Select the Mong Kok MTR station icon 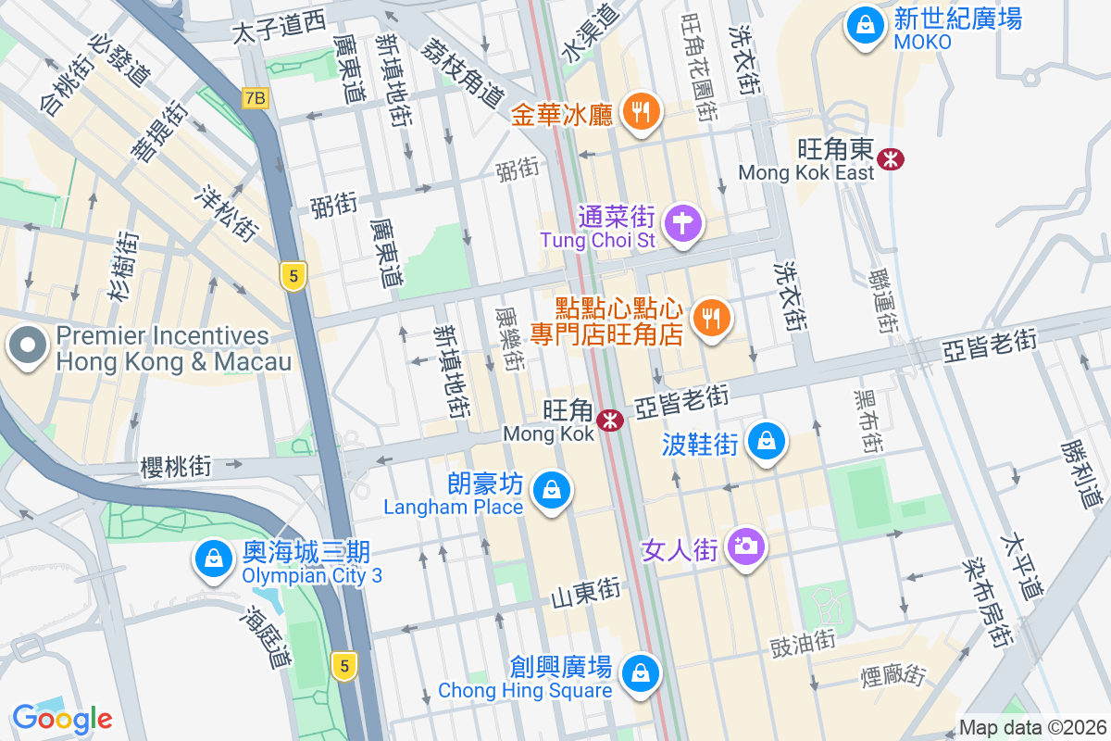click(610, 421)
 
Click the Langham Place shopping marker click(552, 490)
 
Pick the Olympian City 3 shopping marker click(214, 559)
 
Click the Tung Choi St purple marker click(684, 223)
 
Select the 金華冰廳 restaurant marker click(639, 113)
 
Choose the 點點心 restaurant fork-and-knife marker click(711, 320)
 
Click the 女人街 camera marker click(745, 546)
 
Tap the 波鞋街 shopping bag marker click(768, 441)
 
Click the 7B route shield click(256, 97)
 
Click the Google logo click(62, 718)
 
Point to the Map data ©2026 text click(1032, 728)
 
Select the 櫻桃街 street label click(176, 466)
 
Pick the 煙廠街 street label click(893, 674)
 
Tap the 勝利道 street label click(1079, 473)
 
